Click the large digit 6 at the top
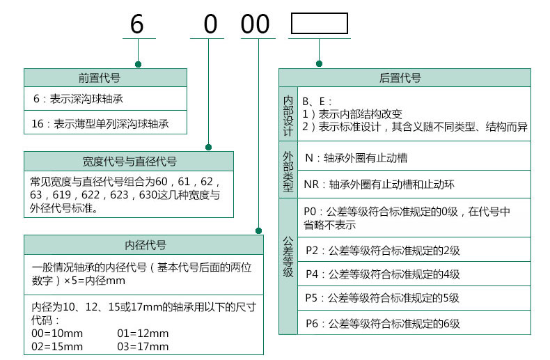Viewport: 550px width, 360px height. (136, 24)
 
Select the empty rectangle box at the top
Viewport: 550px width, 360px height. (319, 13)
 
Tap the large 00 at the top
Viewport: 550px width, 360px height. (255, 24)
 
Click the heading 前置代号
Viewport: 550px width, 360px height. (100, 77)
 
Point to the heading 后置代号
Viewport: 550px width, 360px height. (400, 77)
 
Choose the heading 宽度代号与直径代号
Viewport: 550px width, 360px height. (129, 162)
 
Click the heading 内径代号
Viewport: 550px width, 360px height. (146, 245)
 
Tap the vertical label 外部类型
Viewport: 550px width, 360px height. (288, 171)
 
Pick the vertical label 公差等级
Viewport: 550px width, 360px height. (288, 257)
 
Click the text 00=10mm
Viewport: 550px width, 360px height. (57, 334)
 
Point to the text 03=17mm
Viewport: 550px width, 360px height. (143, 347)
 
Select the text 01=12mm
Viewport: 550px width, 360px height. (143, 334)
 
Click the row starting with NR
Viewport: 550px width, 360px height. (379, 185)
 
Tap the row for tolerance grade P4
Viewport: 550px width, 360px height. (383, 274)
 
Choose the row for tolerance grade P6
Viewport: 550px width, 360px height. (383, 323)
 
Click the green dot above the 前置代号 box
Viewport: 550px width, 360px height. (139, 64)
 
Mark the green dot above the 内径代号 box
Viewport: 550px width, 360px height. (258, 230)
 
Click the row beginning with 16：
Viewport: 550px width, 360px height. (100, 123)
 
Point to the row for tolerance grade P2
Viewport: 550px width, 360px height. (383, 251)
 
